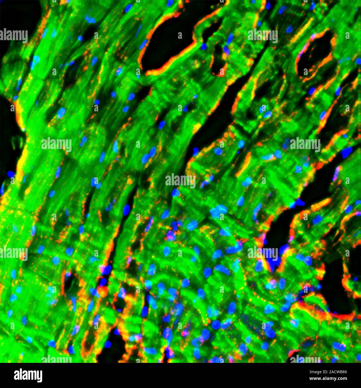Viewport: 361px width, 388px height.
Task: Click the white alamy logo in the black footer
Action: click(x=28, y=375)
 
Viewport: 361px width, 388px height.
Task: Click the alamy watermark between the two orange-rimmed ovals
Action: click(x=262, y=36)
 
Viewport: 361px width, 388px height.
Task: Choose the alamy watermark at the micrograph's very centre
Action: click(x=180, y=181)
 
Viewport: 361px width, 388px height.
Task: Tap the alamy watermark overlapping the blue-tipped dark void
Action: click(x=262, y=253)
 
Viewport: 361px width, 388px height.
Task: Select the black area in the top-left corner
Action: click(x=17, y=17)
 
